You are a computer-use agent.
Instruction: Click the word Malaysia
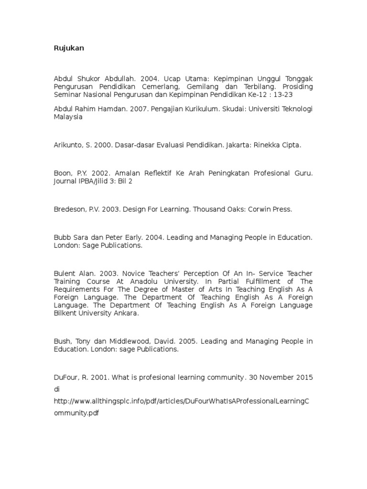[68, 117]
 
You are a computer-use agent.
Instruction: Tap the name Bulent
[64, 274]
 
